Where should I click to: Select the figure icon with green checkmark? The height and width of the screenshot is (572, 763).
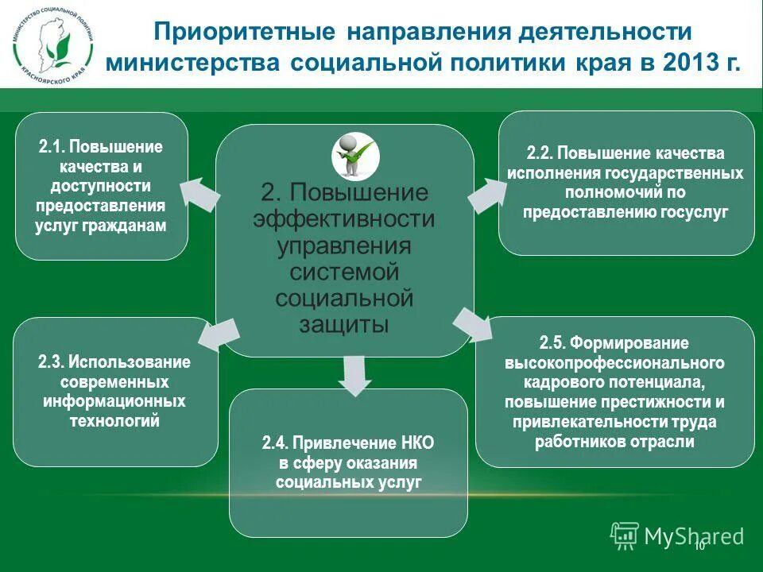point(354,153)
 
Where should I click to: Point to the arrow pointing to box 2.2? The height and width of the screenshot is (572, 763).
point(487,193)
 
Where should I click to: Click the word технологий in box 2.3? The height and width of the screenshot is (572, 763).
point(114,420)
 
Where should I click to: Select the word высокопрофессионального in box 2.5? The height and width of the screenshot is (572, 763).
point(615,363)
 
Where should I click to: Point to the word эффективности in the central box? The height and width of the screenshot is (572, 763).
point(343,218)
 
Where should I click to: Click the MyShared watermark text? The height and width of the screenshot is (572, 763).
point(693,536)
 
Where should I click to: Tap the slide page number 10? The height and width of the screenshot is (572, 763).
point(699,546)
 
